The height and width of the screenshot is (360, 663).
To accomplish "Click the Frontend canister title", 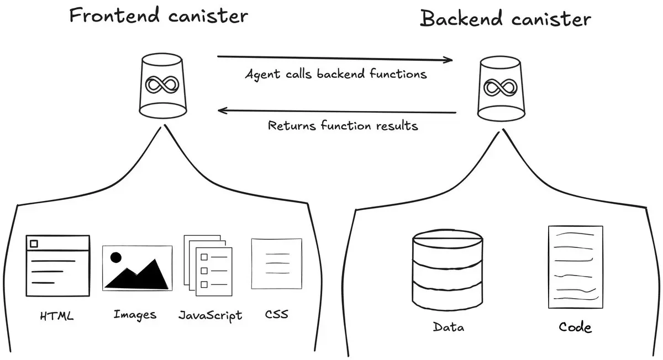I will (x=159, y=15).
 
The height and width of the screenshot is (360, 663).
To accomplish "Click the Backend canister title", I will (x=506, y=19).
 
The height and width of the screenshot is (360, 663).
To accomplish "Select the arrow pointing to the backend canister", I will (x=335, y=58).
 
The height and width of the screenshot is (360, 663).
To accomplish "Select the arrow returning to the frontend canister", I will (x=337, y=112).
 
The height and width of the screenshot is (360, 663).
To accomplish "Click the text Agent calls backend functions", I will (x=336, y=75).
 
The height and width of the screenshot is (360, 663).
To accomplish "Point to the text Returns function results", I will (x=343, y=126).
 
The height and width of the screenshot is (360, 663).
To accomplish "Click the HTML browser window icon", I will (x=57, y=266).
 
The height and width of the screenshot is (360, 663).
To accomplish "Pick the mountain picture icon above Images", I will (x=137, y=268).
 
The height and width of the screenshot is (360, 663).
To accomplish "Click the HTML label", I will (x=57, y=317).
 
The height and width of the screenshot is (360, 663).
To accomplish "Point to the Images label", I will (x=135, y=315).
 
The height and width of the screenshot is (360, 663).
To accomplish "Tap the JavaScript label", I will (x=210, y=316).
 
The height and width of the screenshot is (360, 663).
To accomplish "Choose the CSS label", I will (x=276, y=315).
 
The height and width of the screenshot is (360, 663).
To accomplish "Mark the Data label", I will (x=448, y=327).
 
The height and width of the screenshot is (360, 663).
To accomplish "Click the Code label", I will (x=575, y=327).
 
